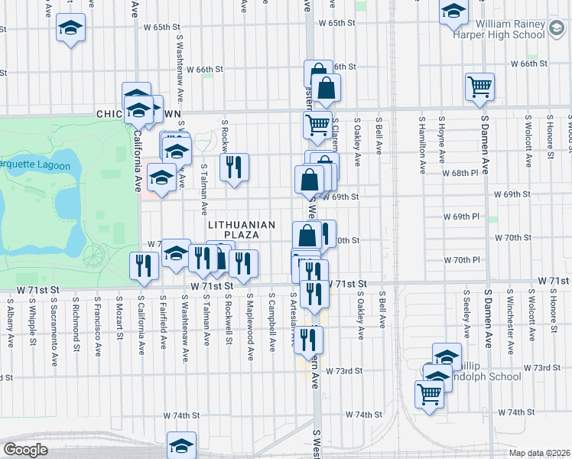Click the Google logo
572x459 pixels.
(25, 450)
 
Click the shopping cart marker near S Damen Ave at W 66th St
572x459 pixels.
(479, 87)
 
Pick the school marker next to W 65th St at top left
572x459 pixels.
(71, 28)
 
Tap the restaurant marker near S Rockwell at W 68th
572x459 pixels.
(234, 168)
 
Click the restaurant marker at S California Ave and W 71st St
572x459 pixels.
(144, 266)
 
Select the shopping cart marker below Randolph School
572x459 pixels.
(430, 396)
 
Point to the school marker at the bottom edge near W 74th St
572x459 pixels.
(182, 445)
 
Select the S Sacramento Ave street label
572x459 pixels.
(54, 321)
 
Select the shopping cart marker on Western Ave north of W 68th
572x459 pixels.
(317, 125)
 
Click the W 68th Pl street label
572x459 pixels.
(460, 173)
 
